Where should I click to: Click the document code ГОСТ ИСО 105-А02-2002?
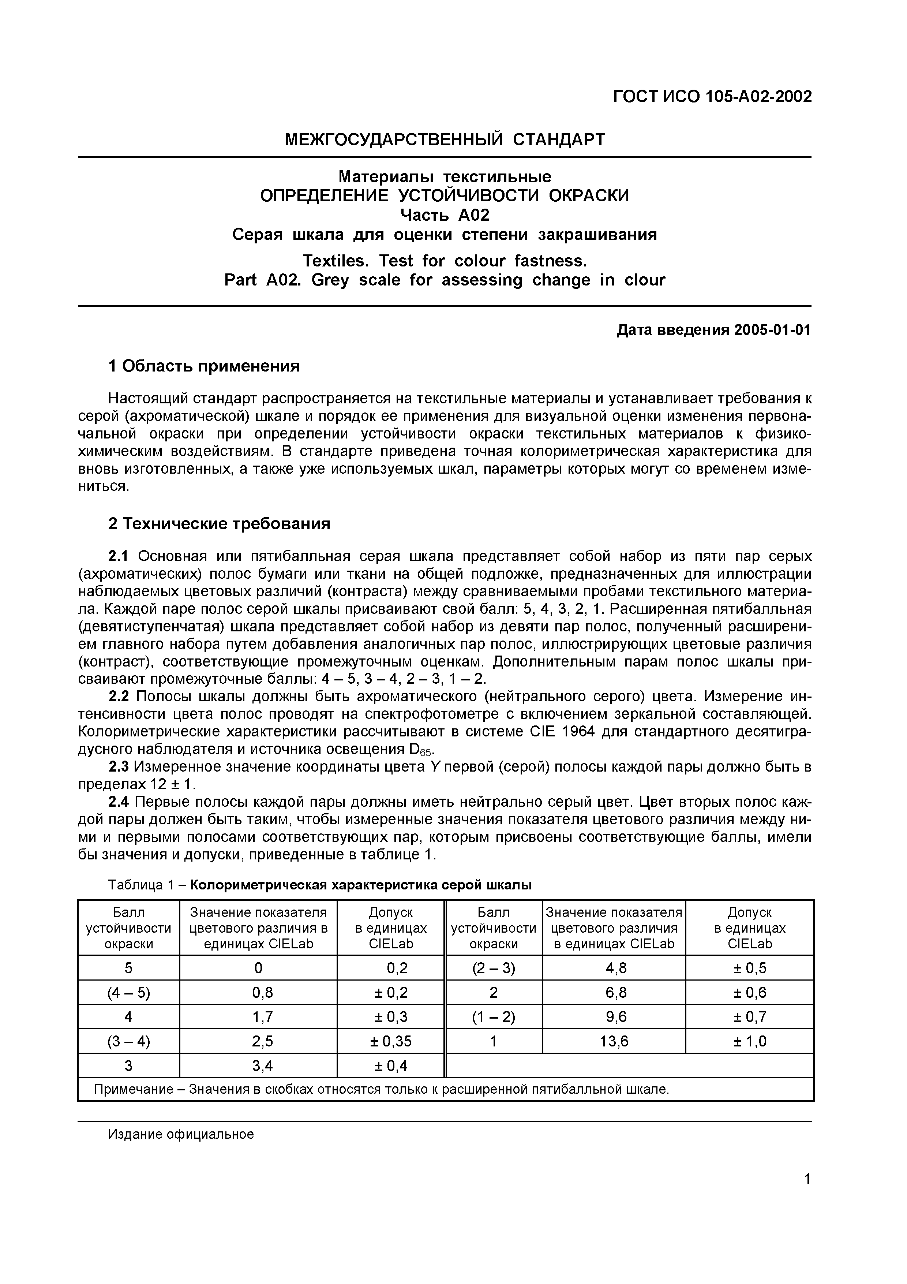pyautogui.click(x=712, y=97)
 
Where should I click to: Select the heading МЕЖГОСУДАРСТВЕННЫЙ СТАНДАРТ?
pyautogui.click(x=445, y=139)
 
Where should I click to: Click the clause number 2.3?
pyautogui.click(x=119, y=767)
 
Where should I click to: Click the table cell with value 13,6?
pyautogui.click(x=613, y=1041)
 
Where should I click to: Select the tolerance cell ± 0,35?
pyautogui.click(x=390, y=1041)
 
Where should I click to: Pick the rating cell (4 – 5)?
pyautogui.click(x=128, y=993)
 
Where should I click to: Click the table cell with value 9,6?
pyautogui.click(x=613, y=1017)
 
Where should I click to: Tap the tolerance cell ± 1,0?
pyautogui.click(x=749, y=1041)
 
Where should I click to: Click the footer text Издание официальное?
pyautogui.click(x=181, y=1134)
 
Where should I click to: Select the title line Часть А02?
pyautogui.click(x=445, y=215)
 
